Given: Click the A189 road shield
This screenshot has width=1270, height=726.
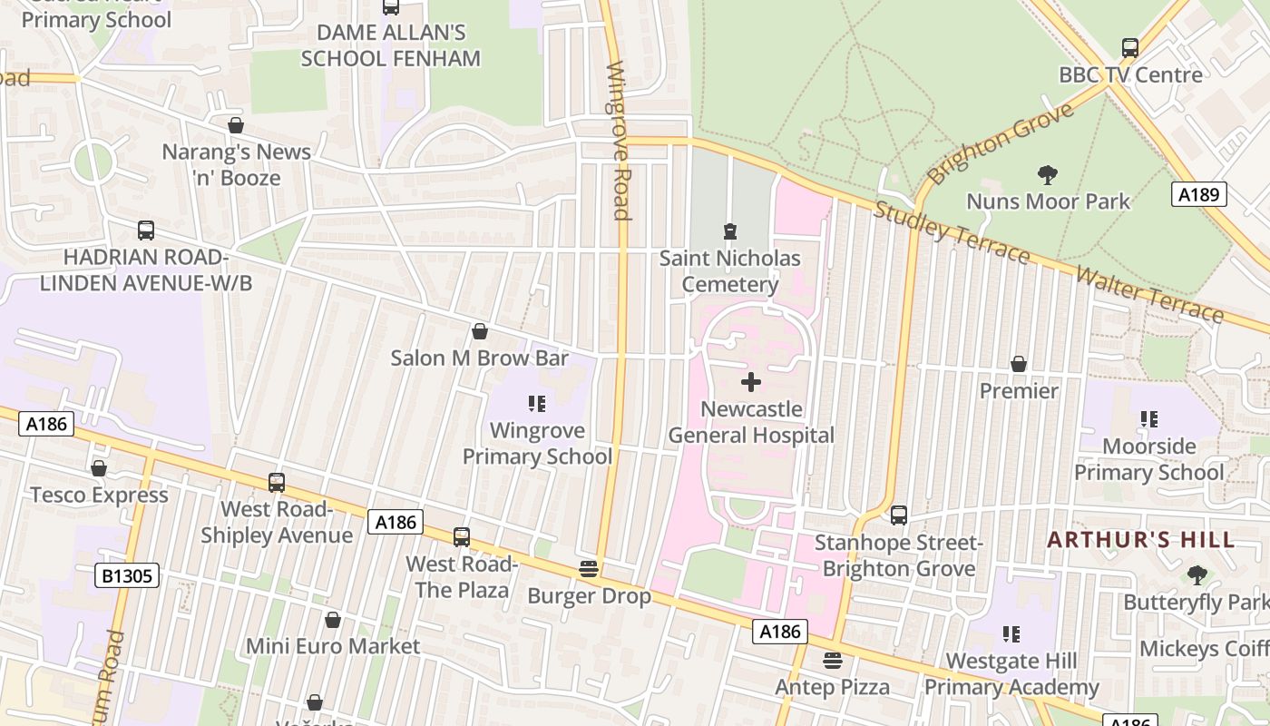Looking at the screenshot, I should [x=1198, y=194].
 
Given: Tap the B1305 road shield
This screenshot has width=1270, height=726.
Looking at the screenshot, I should [x=127, y=575].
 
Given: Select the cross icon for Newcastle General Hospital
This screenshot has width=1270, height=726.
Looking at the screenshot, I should [x=751, y=382].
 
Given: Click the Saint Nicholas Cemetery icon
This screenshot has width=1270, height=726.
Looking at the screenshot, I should [x=730, y=231].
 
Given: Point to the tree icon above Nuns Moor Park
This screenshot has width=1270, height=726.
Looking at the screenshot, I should [x=1048, y=174].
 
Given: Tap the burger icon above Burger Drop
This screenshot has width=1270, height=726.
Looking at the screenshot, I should [x=589, y=570].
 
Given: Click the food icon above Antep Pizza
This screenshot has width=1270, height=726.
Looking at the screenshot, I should [x=832, y=661].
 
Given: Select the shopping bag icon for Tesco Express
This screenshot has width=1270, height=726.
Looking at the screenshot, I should [x=99, y=468].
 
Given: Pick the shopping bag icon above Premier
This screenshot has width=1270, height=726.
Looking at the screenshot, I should [x=1019, y=364].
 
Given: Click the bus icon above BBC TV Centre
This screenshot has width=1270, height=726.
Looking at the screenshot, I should [x=1130, y=48].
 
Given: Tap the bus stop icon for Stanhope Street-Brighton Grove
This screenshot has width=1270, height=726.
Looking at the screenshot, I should [x=898, y=515].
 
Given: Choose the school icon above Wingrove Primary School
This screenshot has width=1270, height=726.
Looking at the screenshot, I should [x=537, y=403].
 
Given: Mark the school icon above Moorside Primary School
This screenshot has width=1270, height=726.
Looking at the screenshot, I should [x=1149, y=419].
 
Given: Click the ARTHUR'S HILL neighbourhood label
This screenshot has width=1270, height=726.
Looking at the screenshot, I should [x=1140, y=540].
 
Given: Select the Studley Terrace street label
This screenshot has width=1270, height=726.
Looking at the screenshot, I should [x=952, y=232].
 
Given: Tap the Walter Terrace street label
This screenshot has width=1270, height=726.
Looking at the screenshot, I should [x=1149, y=294].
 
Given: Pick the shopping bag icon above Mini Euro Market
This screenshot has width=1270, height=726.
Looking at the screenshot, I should [x=333, y=620].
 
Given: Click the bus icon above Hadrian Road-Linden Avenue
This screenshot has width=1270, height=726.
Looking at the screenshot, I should [x=146, y=231].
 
